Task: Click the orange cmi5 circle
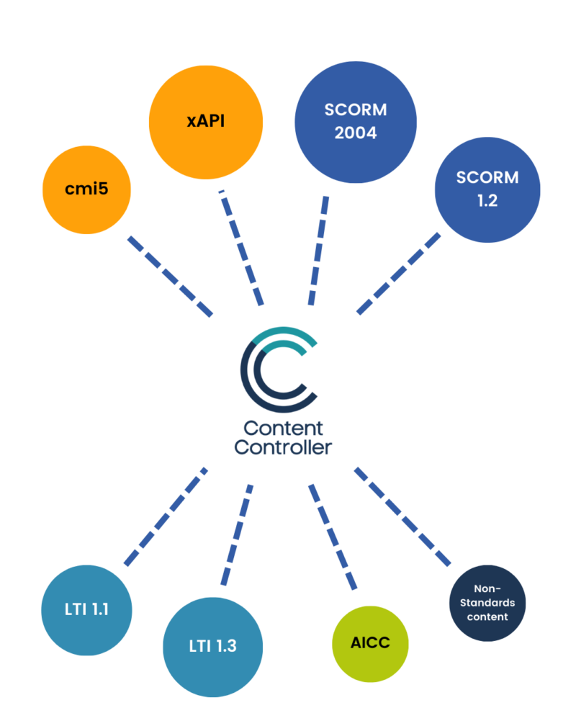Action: pos(87,190)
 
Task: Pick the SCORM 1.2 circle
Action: pos(487,189)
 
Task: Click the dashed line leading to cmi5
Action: pos(171,276)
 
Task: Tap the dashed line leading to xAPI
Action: pos(242,248)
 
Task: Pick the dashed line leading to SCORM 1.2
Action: pos(398,273)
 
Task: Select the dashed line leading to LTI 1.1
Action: pos(166,516)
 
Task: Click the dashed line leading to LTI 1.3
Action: pos(238,533)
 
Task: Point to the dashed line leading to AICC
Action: pos(333,537)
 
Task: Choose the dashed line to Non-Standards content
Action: pos(402,515)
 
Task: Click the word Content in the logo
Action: pos(284,428)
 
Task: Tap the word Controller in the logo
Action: pos(284,447)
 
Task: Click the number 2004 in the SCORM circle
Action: pos(356,133)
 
